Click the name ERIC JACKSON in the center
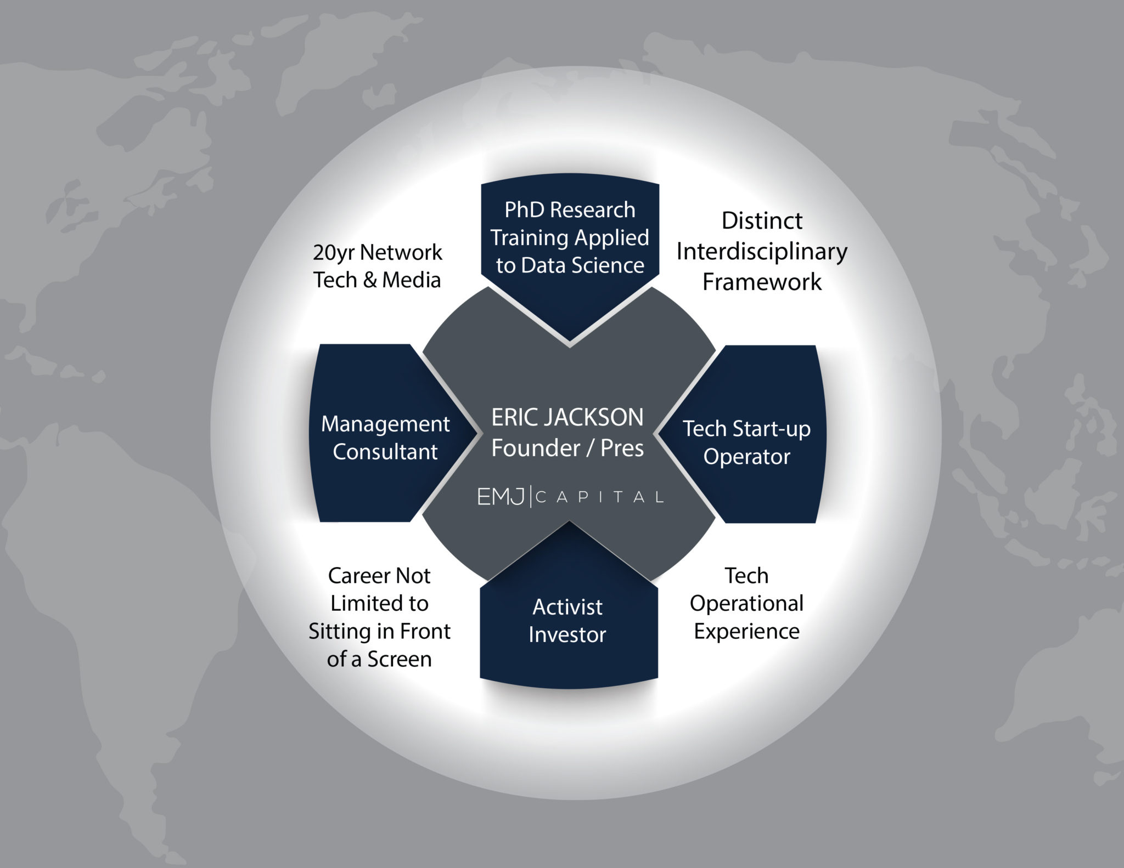(567, 417)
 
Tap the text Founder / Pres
(567, 448)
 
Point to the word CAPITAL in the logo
(600, 497)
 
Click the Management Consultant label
(385, 438)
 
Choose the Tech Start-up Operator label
(746, 442)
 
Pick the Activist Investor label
(567, 621)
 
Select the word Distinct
(762, 220)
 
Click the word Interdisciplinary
(762, 252)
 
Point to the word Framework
(762, 282)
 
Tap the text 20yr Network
(378, 253)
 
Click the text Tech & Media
(378, 280)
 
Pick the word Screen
(400, 659)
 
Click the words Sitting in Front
(379, 631)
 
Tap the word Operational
(746, 604)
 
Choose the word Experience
(746, 632)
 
